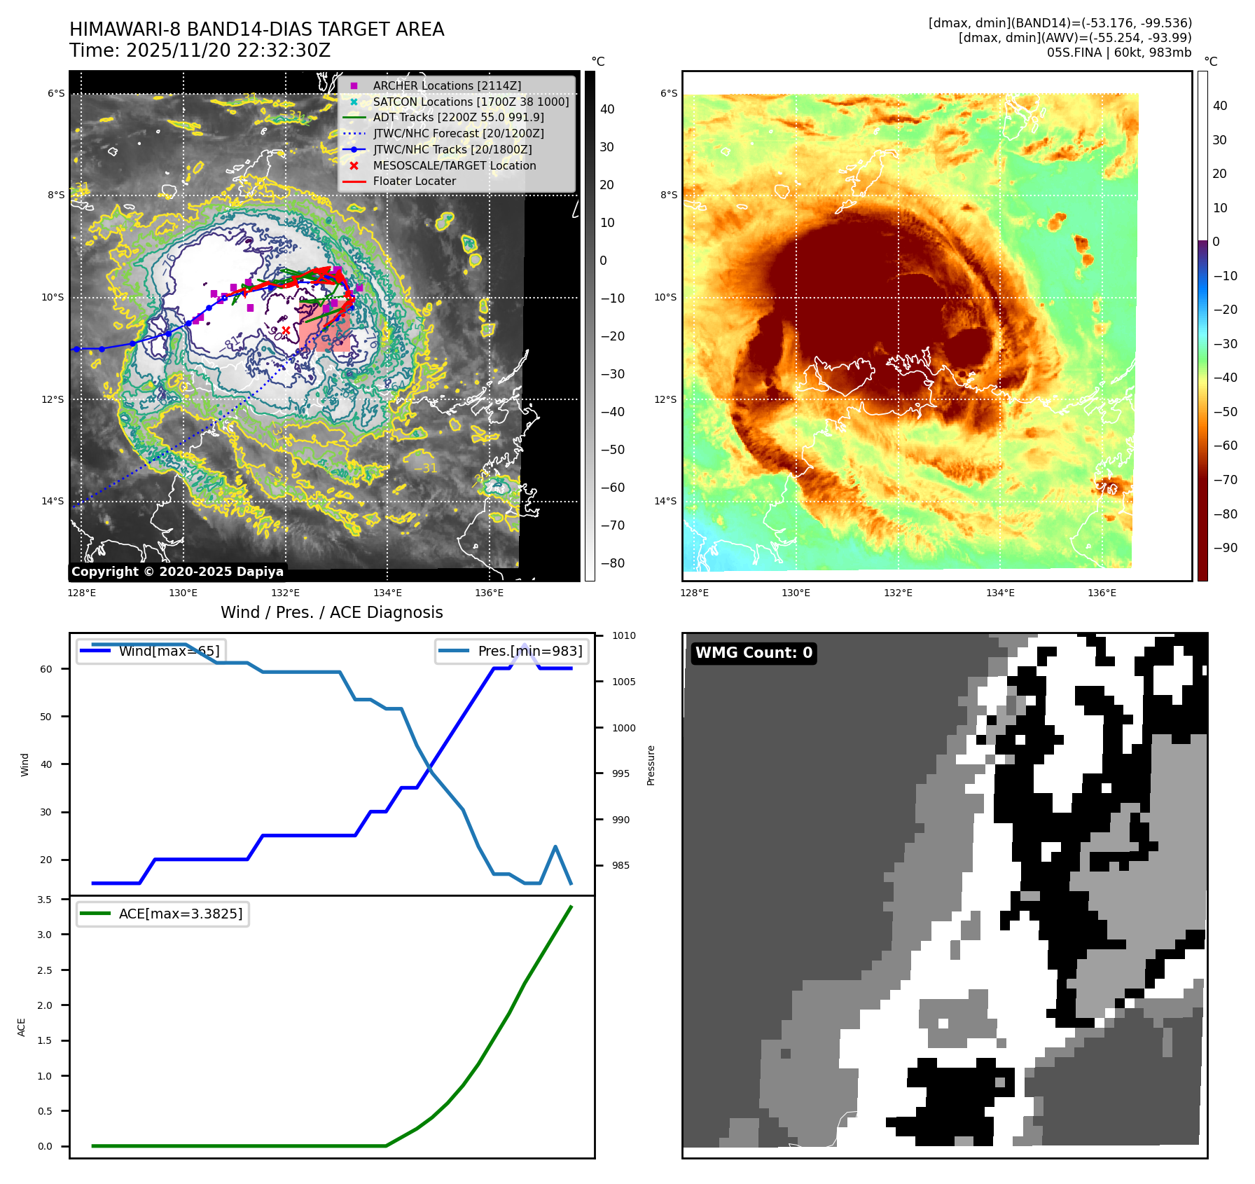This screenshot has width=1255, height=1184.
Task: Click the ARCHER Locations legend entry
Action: (x=446, y=85)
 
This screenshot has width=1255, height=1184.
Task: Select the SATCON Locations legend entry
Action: (x=470, y=102)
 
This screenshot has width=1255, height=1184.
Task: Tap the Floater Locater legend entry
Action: (x=414, y=181)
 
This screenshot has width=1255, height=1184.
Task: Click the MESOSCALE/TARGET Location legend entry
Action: (x=454, y=165)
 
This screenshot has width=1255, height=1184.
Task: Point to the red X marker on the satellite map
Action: (x=286, y=330)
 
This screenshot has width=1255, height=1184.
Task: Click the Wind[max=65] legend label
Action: (x=169, y=651)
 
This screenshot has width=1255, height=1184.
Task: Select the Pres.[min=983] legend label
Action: (x=529, y=651)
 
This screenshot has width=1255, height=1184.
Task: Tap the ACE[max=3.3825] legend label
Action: (x=181, y=914)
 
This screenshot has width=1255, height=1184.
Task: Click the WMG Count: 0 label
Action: (x=754, y=653)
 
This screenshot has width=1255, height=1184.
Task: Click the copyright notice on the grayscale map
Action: (x=177, y=572)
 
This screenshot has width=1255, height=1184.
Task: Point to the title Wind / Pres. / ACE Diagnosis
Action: (x=331, y=612)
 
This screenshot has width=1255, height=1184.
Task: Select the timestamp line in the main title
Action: (x=200, y=50)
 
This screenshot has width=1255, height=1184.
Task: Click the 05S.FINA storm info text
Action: (x=1118, y=53)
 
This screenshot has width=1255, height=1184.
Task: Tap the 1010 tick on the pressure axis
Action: (x=623, y=636)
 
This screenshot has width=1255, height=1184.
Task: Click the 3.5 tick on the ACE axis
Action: (x=44, y=900)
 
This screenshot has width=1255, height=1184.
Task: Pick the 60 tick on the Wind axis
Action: (x=46, y=669)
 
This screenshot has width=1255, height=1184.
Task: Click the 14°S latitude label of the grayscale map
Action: (x=53, y=501)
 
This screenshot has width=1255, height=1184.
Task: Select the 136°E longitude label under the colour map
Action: (x=1102, y=593)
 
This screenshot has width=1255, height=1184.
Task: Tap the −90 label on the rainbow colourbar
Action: (x=1225, y=548)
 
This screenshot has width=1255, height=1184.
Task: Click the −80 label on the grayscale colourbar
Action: (x=612, y=563)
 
